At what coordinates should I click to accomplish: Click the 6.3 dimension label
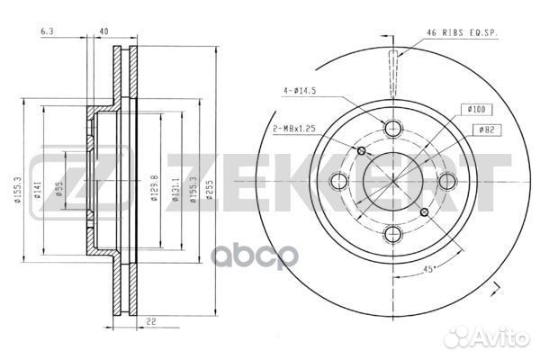(x=46, y=33)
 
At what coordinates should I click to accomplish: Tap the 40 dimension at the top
(x=105, y=33)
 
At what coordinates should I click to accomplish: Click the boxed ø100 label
(x=478, y=109)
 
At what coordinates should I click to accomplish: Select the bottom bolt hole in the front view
(x=392, y=235)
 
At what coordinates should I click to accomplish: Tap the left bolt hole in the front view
(x=338, y=181)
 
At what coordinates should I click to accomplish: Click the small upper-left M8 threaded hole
(x=362, y=149)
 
